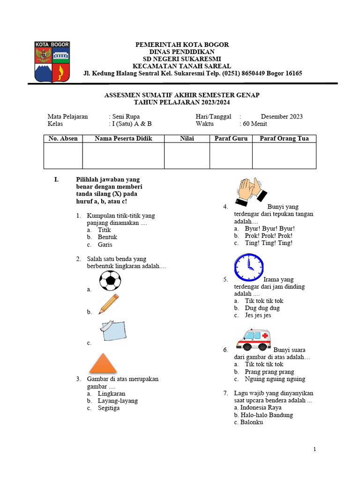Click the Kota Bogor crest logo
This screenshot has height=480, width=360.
(52, 61)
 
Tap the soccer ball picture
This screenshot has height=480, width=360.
(110, 281)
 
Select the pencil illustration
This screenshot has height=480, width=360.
(109, 304)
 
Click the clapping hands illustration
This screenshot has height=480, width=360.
(251, 192)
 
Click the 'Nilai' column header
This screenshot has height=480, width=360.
(187, 139)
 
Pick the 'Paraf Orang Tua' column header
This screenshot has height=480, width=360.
(284, 139)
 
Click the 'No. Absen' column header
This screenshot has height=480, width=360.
(63, 139)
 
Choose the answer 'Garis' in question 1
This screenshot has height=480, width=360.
(105, 245)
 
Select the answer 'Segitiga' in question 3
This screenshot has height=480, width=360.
(108, 408)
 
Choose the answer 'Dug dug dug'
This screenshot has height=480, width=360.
(262, 308)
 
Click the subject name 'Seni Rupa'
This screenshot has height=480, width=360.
(126, 117)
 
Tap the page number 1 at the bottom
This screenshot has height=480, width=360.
(315, 450)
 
